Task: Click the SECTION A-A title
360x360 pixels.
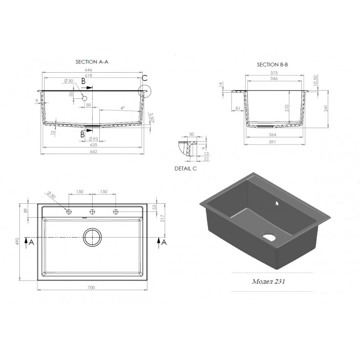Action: coord(92,62)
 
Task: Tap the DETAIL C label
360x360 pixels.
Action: coord(185,168)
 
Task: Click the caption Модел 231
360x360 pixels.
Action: coord(269,282)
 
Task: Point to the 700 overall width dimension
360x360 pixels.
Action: coord(91,287)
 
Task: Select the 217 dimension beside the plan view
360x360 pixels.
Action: coord(162,218)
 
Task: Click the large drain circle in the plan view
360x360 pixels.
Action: coord(92,238)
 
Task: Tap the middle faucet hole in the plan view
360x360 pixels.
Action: coord(92,211)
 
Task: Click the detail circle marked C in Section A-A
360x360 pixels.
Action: coord(144,91)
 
